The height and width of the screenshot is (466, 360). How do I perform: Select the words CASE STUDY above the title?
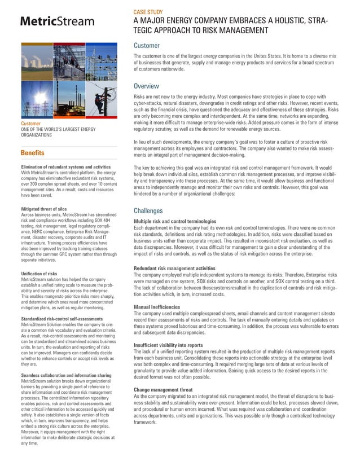point(150,11)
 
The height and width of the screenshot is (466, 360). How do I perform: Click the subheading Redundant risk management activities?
point(182,268)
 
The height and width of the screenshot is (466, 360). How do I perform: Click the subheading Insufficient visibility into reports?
point(176,345)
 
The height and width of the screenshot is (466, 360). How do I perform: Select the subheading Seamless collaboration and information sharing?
point(65,375)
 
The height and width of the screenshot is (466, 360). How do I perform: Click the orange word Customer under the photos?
point(31,123)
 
